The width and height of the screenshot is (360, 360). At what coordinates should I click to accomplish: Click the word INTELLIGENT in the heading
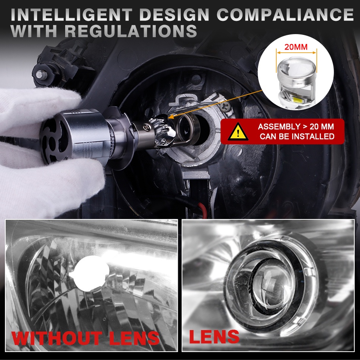(x=71, y=15)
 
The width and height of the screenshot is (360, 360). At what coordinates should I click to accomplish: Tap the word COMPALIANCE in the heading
(x=285, y=15)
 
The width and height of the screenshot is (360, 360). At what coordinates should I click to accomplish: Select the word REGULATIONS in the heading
(x=131, y=31)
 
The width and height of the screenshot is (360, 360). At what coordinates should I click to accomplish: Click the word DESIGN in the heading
(x=174, y=15)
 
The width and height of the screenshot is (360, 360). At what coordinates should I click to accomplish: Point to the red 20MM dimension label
(x=296, y=47)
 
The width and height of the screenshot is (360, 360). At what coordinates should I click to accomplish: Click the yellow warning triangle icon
(x=238, y=132)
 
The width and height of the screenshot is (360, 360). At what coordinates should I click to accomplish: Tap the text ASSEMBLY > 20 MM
(x=296, y=127)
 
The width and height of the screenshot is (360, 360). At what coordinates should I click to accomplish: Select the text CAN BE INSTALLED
(x=297, y=136)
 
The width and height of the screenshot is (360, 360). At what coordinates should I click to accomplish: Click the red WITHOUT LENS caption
(x=85, y=338)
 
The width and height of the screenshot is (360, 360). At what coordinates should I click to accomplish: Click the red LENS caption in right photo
(x=214, y=337)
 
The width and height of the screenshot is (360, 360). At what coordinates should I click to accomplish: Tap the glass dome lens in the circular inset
(x=297, y=68)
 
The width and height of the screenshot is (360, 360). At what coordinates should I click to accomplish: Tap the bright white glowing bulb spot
(x=92, y=274)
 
